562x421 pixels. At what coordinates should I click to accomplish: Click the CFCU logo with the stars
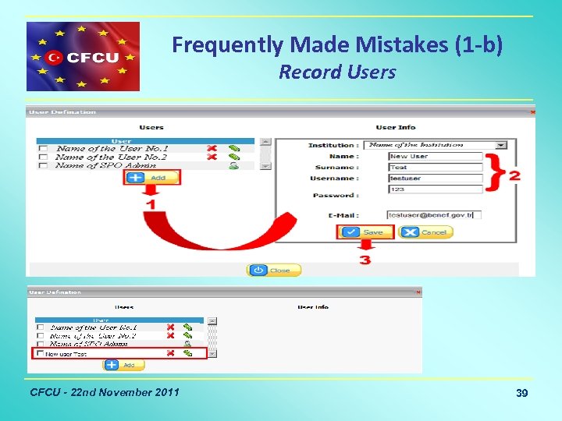pos(83,57)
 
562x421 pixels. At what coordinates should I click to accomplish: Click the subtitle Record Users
pos(337,73)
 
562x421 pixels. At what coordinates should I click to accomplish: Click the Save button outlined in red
pos(365,232)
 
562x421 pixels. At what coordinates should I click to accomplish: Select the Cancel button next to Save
pos(426,232)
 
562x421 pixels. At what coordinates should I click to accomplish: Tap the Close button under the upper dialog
pos(273,271)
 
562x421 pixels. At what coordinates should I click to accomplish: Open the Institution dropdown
pos(500,145)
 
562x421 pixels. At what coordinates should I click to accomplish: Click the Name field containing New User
pos(436,156)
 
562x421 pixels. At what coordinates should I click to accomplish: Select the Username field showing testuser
pos(436,179)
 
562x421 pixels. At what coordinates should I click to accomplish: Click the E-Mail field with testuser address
pos(434,214)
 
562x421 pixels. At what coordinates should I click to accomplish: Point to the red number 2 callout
pos(514,176)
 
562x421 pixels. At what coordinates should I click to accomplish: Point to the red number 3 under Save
pos(365,260)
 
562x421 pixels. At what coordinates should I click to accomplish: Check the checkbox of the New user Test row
pos(39,354)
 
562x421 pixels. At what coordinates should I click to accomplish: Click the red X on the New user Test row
pos(170,353)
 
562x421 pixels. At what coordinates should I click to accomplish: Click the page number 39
pos(521,394)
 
